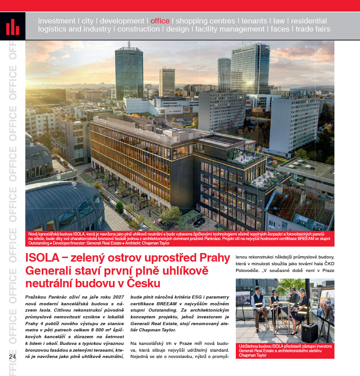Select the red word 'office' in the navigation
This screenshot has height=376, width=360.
160,21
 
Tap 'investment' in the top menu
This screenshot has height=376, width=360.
57,21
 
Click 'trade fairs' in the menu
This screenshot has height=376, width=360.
313,29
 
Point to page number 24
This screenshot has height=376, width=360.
12,356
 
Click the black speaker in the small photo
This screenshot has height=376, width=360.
309,332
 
